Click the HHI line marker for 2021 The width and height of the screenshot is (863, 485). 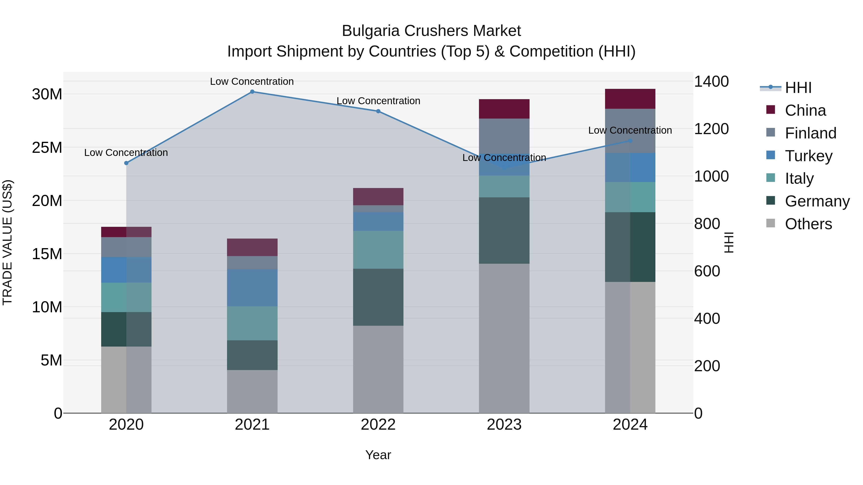coord(252,92)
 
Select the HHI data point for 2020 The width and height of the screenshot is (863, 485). coord(126,163)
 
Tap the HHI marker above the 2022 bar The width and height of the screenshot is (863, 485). coord(378,111)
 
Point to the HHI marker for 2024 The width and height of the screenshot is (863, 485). coord(630,141)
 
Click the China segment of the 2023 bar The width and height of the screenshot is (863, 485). coord(504,109)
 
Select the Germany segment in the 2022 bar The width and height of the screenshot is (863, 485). coord(378,297)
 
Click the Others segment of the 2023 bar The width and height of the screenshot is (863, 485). coord(504,338)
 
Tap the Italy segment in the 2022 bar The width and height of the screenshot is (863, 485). coord(378,250)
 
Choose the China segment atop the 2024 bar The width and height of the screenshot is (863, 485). coord(630,99)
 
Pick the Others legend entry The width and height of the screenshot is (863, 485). coord(808,224)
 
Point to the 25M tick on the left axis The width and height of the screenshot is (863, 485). coord(47,148)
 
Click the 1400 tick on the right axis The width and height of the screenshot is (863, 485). coord(711,82)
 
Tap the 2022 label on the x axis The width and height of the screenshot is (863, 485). coord(378,425)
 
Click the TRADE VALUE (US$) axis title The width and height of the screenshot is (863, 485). coord(7,242)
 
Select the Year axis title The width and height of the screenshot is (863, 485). coord(378,455)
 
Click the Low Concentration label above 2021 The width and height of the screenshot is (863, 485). coord(252,81)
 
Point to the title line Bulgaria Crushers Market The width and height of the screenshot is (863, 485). coord(431,31)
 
